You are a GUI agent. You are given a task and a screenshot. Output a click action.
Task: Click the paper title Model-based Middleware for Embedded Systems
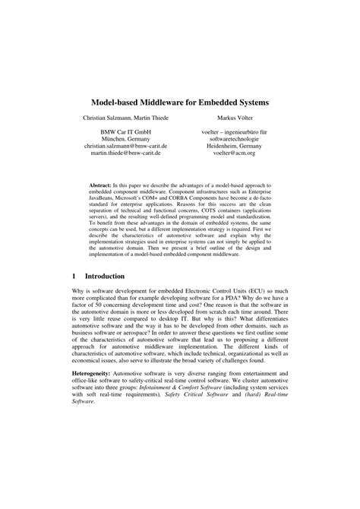coord(180,101)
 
